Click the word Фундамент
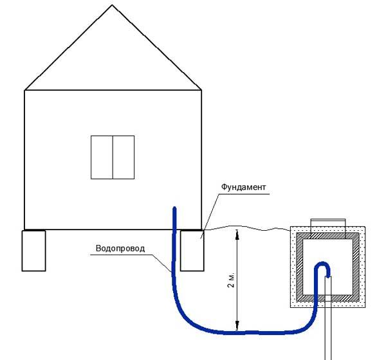243,187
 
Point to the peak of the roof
113,6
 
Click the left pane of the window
102,157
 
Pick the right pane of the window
124,157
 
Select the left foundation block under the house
34,250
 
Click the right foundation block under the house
191,250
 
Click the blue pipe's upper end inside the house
173,210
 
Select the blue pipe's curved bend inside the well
322,265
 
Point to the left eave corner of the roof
24,90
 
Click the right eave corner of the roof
201,90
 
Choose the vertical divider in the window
113,157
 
